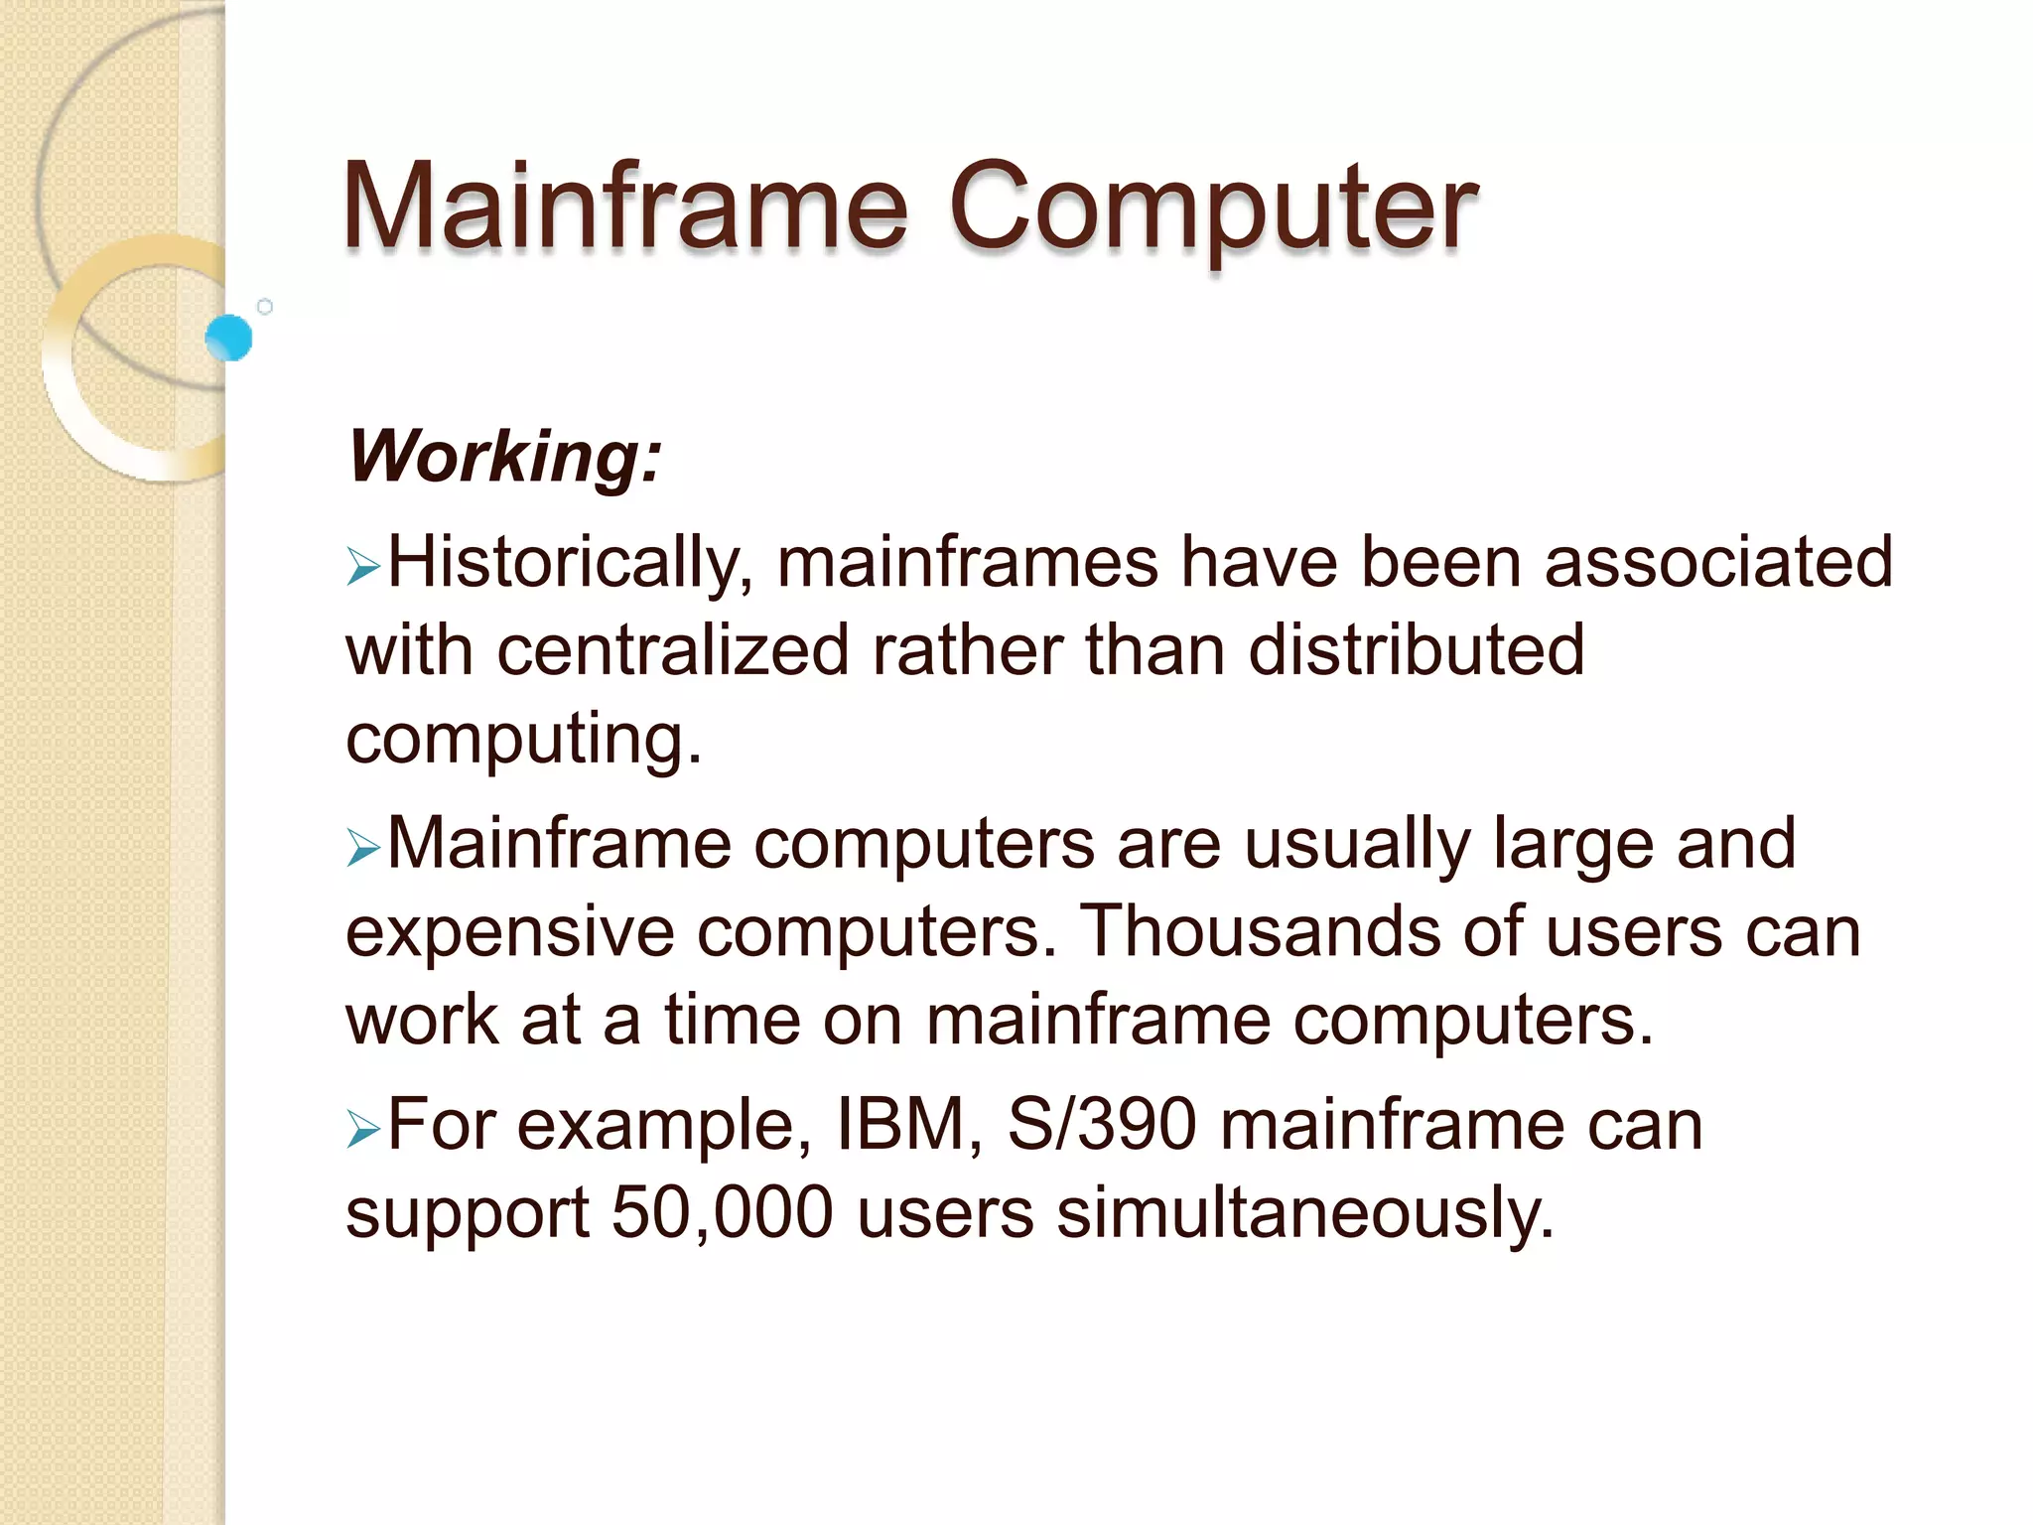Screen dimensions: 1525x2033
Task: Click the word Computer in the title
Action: coord(1212,208)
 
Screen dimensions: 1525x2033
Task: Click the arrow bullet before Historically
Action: coord(363,568)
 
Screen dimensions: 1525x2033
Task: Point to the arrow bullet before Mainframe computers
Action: coord(363,849)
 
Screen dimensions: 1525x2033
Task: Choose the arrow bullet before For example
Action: coord(363,1130)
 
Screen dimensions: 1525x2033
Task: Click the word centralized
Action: coord(672,650)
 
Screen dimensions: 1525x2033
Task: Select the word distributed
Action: coord(1416,650)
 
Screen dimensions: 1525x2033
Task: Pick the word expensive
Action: coord(509,933)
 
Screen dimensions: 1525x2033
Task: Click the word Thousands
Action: coord(1259,931)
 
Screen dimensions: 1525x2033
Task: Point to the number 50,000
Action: coord(722,1212)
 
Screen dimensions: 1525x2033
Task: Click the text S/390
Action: coord(1102,1125)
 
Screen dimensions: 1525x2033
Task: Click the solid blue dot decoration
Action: coord(229,338)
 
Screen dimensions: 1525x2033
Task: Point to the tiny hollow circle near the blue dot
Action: coord(265,307)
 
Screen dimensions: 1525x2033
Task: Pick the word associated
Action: coord(1718,563)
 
